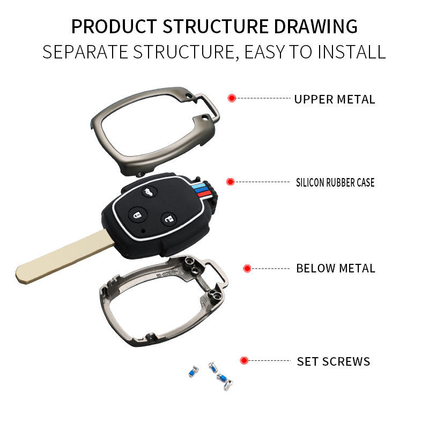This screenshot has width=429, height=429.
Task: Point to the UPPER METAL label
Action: (335, 99)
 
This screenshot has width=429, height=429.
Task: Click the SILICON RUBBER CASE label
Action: (335, 182)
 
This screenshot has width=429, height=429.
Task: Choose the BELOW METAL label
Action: (336, 268)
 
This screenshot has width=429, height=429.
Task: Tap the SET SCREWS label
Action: (334, 361)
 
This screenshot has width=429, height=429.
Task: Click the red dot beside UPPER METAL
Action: (232, 98)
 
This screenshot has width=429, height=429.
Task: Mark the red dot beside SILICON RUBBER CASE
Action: (230, 182)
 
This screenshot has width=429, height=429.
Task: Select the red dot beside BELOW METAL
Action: (247, 268)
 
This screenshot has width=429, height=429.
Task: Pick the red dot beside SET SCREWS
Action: (244, 361)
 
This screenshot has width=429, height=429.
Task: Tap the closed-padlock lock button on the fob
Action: (138, 215)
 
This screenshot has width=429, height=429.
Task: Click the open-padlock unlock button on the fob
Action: (168, 218)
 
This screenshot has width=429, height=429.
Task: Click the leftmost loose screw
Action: (193, 371)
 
